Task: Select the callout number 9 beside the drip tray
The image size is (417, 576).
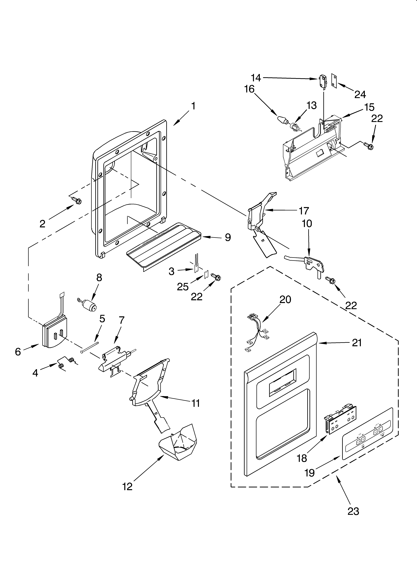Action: (228, 238)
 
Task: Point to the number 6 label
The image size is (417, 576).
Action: (18, 352)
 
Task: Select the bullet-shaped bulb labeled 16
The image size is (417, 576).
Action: (281, 119)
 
